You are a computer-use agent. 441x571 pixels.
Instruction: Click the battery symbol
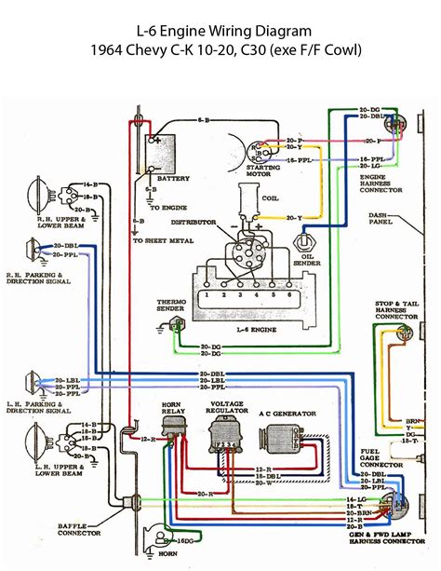click(x=160, y=150)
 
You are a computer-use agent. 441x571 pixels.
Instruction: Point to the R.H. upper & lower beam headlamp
click(x=40, y=197)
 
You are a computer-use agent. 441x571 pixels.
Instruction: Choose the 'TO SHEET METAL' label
click(x=164, y=240)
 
